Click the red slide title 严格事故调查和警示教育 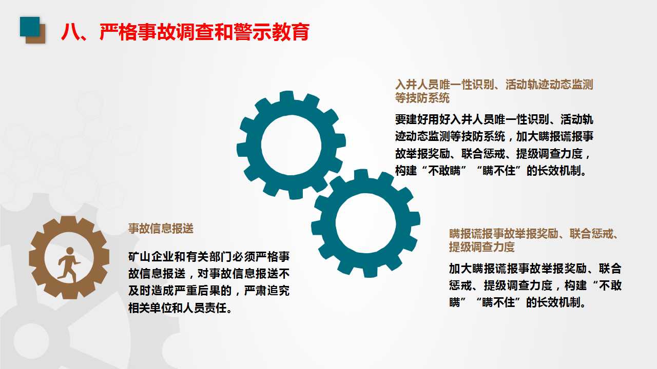[185, 32]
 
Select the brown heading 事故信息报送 [161, 229]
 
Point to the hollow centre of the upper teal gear [291, 145]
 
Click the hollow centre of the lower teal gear [365, 224]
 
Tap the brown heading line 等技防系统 [422, 97]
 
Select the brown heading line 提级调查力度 [481, 247]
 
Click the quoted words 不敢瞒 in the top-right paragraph [446, 171]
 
